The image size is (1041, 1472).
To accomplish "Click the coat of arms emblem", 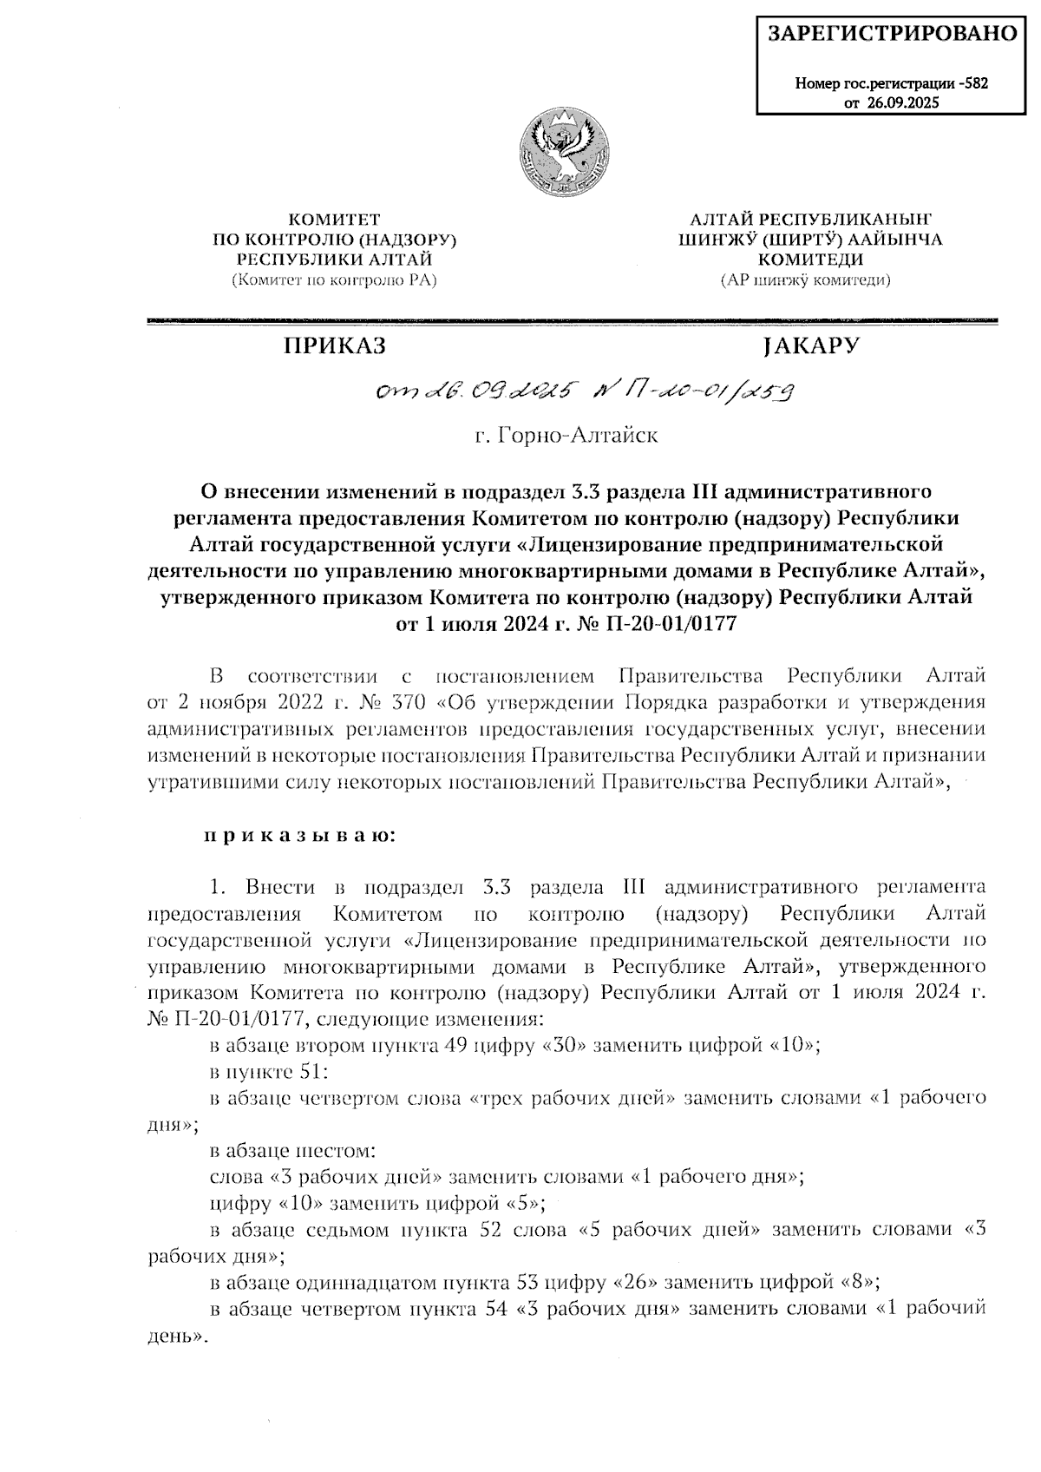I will tap(563, 152).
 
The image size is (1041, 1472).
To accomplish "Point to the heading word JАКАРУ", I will tap(809, 345).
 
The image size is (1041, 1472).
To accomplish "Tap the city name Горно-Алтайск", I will tap(566, 435).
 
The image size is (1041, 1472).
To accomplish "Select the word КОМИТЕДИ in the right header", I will tap(809, 259).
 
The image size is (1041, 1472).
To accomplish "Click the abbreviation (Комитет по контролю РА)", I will tap(334, 279).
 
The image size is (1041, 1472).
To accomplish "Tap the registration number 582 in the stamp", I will tap(976, 84).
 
